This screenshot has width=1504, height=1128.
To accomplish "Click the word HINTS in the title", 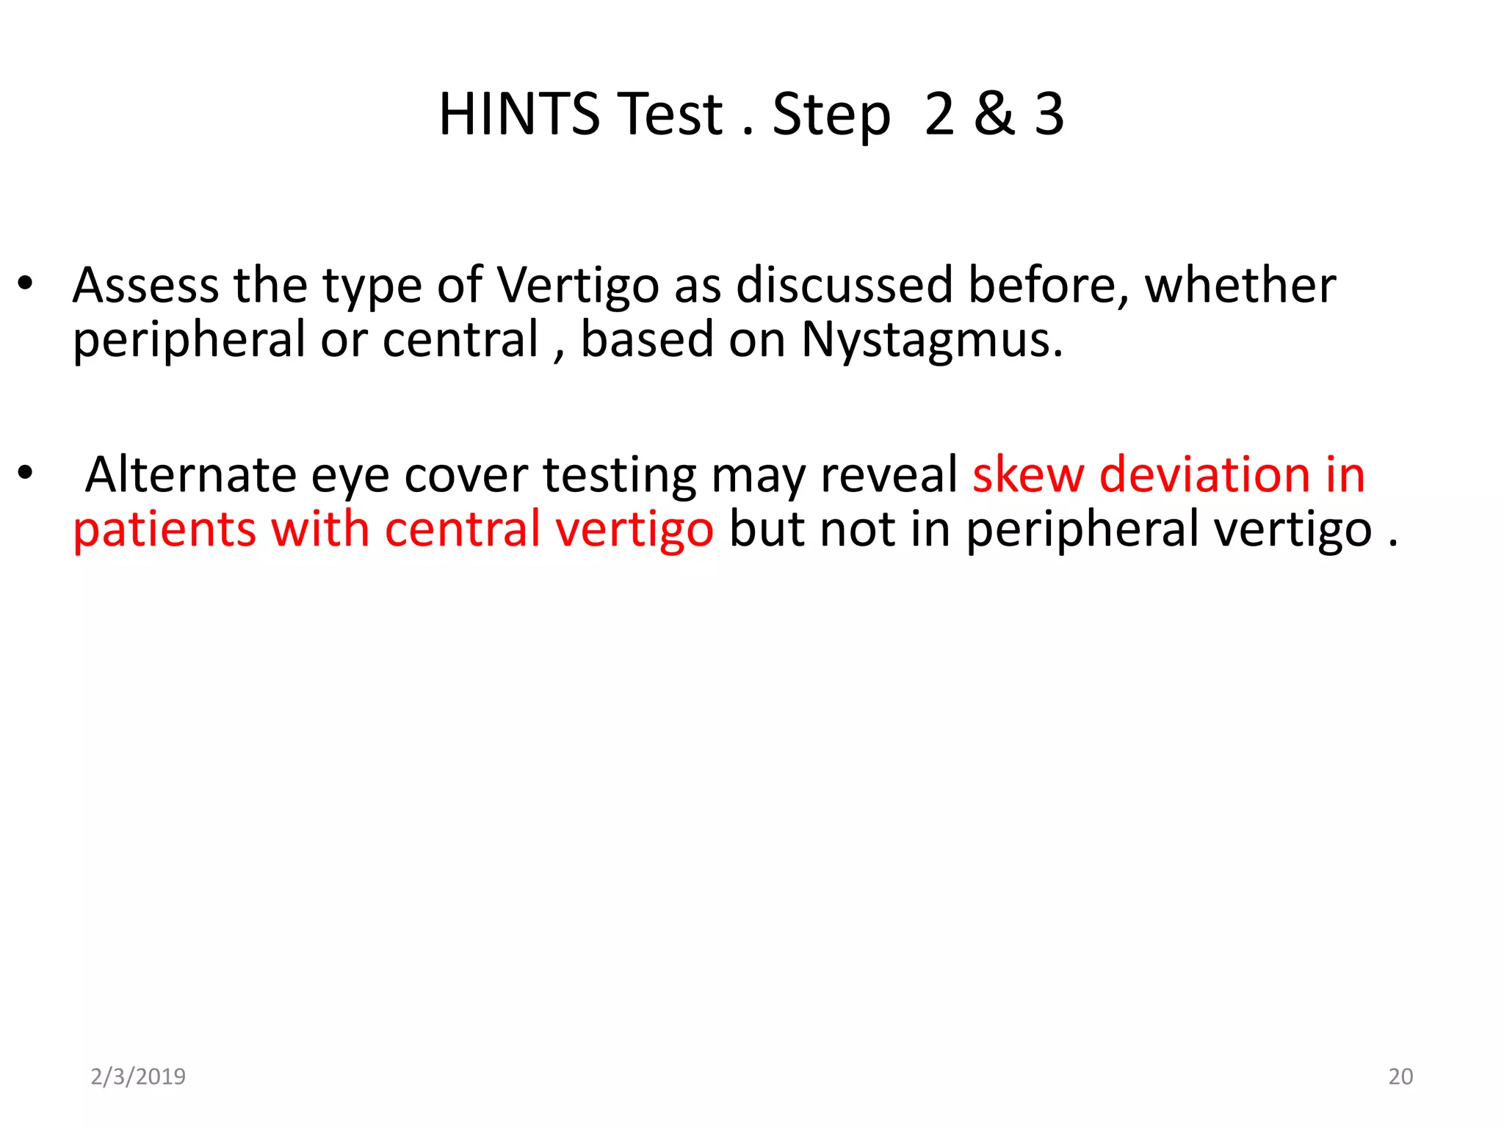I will coord(519,115).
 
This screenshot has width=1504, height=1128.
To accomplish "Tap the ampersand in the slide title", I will coord(994,115).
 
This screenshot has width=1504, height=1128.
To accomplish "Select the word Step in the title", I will coord(831,116).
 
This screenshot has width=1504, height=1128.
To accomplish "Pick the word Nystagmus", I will coord(931,340).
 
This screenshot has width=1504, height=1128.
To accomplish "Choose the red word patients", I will coord(164,530).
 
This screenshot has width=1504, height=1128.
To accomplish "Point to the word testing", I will coord(619,476).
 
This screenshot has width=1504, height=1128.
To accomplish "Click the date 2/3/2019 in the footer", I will coord(138,1077).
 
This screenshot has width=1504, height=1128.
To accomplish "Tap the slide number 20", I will coord(1400,1077).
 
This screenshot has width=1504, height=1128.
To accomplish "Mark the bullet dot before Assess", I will coord(26,285).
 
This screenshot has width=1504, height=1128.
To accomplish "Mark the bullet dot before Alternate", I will coord(26,474).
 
